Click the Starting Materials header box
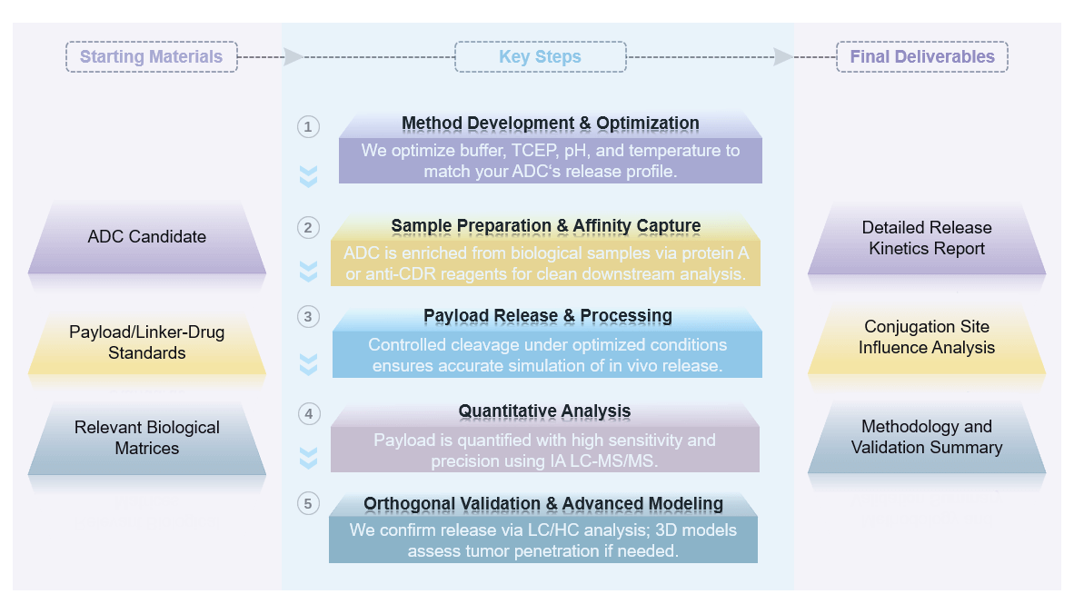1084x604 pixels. (151, 56)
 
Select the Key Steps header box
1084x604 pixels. (540, 57)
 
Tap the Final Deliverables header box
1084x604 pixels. (921, 56)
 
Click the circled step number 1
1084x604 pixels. (309, 126)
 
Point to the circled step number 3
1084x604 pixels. (309, 316)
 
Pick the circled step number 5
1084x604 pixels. (309, 503)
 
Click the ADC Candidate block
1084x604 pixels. (147, 237)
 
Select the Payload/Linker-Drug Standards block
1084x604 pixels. (147, 342)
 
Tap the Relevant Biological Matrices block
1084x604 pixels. (147, 438)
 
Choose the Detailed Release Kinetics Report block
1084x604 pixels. (927, 238)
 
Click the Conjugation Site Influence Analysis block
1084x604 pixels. (927, 337)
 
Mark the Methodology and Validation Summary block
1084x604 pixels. (927, 437)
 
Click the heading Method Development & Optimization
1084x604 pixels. (550, 124)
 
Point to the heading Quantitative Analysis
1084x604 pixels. (544, 411)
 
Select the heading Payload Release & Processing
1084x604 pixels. (547, 316)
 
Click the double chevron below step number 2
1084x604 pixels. (309, 271)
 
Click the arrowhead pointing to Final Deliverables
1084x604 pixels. (782, 57)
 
